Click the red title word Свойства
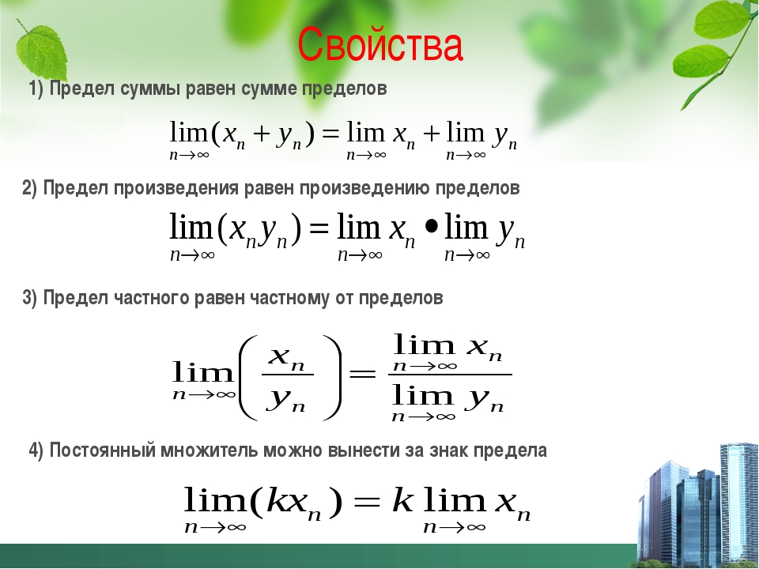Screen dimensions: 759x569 pos(380,45)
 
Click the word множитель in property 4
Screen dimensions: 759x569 pos(210,450)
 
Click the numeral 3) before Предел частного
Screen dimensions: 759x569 pos(29,298)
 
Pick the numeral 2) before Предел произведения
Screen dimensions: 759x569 pos(29,188)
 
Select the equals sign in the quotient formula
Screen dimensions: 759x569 pos(363,374)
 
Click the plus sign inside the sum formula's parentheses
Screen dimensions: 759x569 pos(261,134)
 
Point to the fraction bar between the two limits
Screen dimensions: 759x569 pos(450,374)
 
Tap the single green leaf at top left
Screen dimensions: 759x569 pos(40,48)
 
